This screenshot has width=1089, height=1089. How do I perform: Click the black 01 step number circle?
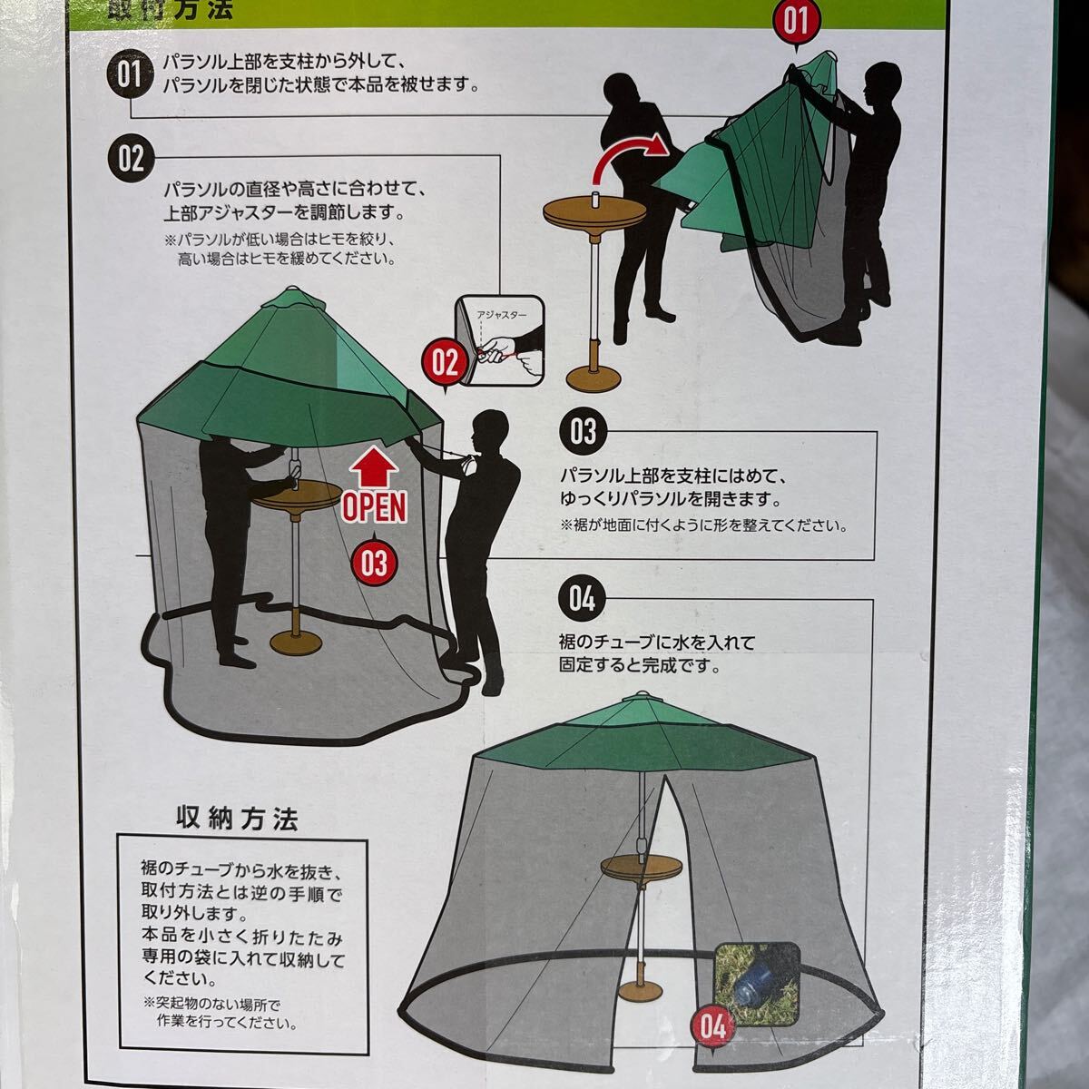130,74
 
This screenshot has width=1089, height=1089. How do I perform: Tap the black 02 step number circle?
131,159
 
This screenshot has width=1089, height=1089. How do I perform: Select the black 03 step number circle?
582,433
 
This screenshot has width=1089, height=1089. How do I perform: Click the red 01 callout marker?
796,24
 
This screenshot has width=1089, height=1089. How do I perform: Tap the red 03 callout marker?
374,563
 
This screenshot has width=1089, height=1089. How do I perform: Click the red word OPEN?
374,507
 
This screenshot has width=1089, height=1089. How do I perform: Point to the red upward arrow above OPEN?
375,466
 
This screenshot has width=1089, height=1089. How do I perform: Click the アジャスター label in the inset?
501,315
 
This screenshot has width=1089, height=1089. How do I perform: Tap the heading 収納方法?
237,818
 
